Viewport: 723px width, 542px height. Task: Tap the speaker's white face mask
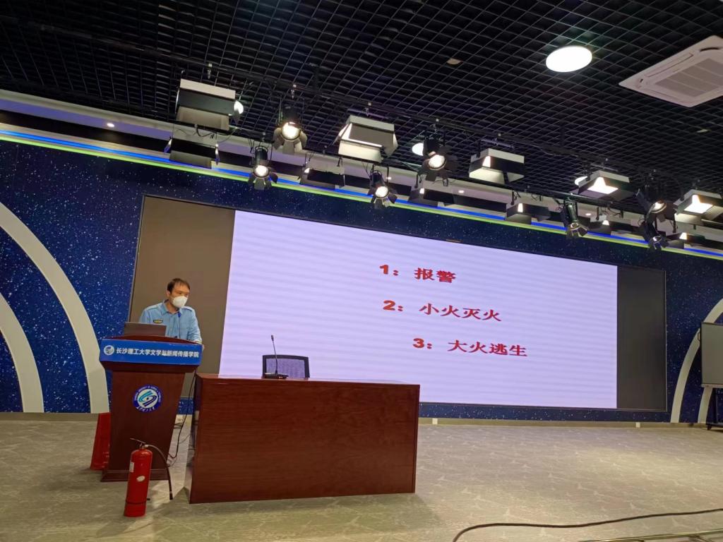[180, 301]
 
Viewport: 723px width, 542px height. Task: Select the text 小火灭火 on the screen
[460, 311]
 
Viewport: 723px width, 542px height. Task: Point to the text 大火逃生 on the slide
[487, 348]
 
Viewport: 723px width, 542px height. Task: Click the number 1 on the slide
[385, 270]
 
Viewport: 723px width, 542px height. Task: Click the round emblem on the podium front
[147, 398]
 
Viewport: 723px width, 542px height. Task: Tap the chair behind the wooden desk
[287, 366]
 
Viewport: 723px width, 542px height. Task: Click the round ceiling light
[568, 59]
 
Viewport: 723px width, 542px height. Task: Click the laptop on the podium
[144, 329]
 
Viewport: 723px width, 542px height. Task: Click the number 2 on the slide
[388, 306]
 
